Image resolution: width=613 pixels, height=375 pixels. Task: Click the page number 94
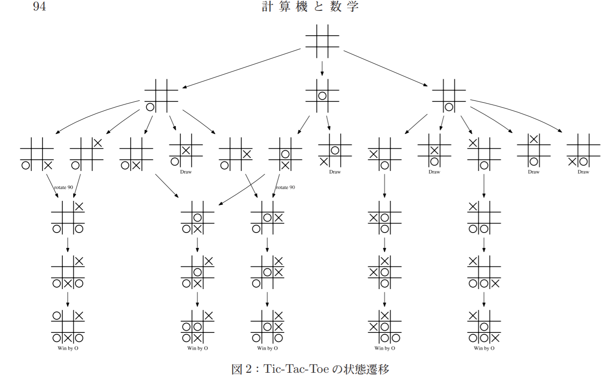(x=40, y=7)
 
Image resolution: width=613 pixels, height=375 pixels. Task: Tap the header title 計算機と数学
(x=310, y=7)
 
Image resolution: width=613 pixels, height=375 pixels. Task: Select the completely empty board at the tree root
(x=322, y=41)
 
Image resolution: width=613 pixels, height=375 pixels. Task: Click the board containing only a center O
(x=322, y=96)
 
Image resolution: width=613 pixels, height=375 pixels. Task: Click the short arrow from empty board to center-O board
(x=322, y=68)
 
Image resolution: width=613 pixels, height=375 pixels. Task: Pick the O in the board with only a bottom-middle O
(x=449, y=107)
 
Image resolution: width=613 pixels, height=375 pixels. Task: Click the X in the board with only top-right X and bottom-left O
(x=97, y=143)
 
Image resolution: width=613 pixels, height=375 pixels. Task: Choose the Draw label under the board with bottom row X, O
(x=583, y=172)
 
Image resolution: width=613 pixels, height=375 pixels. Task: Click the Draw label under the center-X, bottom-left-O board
(x=186, y=172)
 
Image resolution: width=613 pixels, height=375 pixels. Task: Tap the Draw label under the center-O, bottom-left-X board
(x=335, y=172)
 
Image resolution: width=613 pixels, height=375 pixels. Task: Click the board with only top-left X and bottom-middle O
(x=484, y=154)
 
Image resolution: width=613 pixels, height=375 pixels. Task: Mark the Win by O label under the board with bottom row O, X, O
(x=68, y=348)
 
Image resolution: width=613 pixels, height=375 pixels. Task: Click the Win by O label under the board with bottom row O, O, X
(x=484, y=348)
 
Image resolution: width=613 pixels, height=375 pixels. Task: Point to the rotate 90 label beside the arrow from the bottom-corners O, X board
(x=63, y=187)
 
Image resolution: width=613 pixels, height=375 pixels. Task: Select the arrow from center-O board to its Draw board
(x=328, y=123)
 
